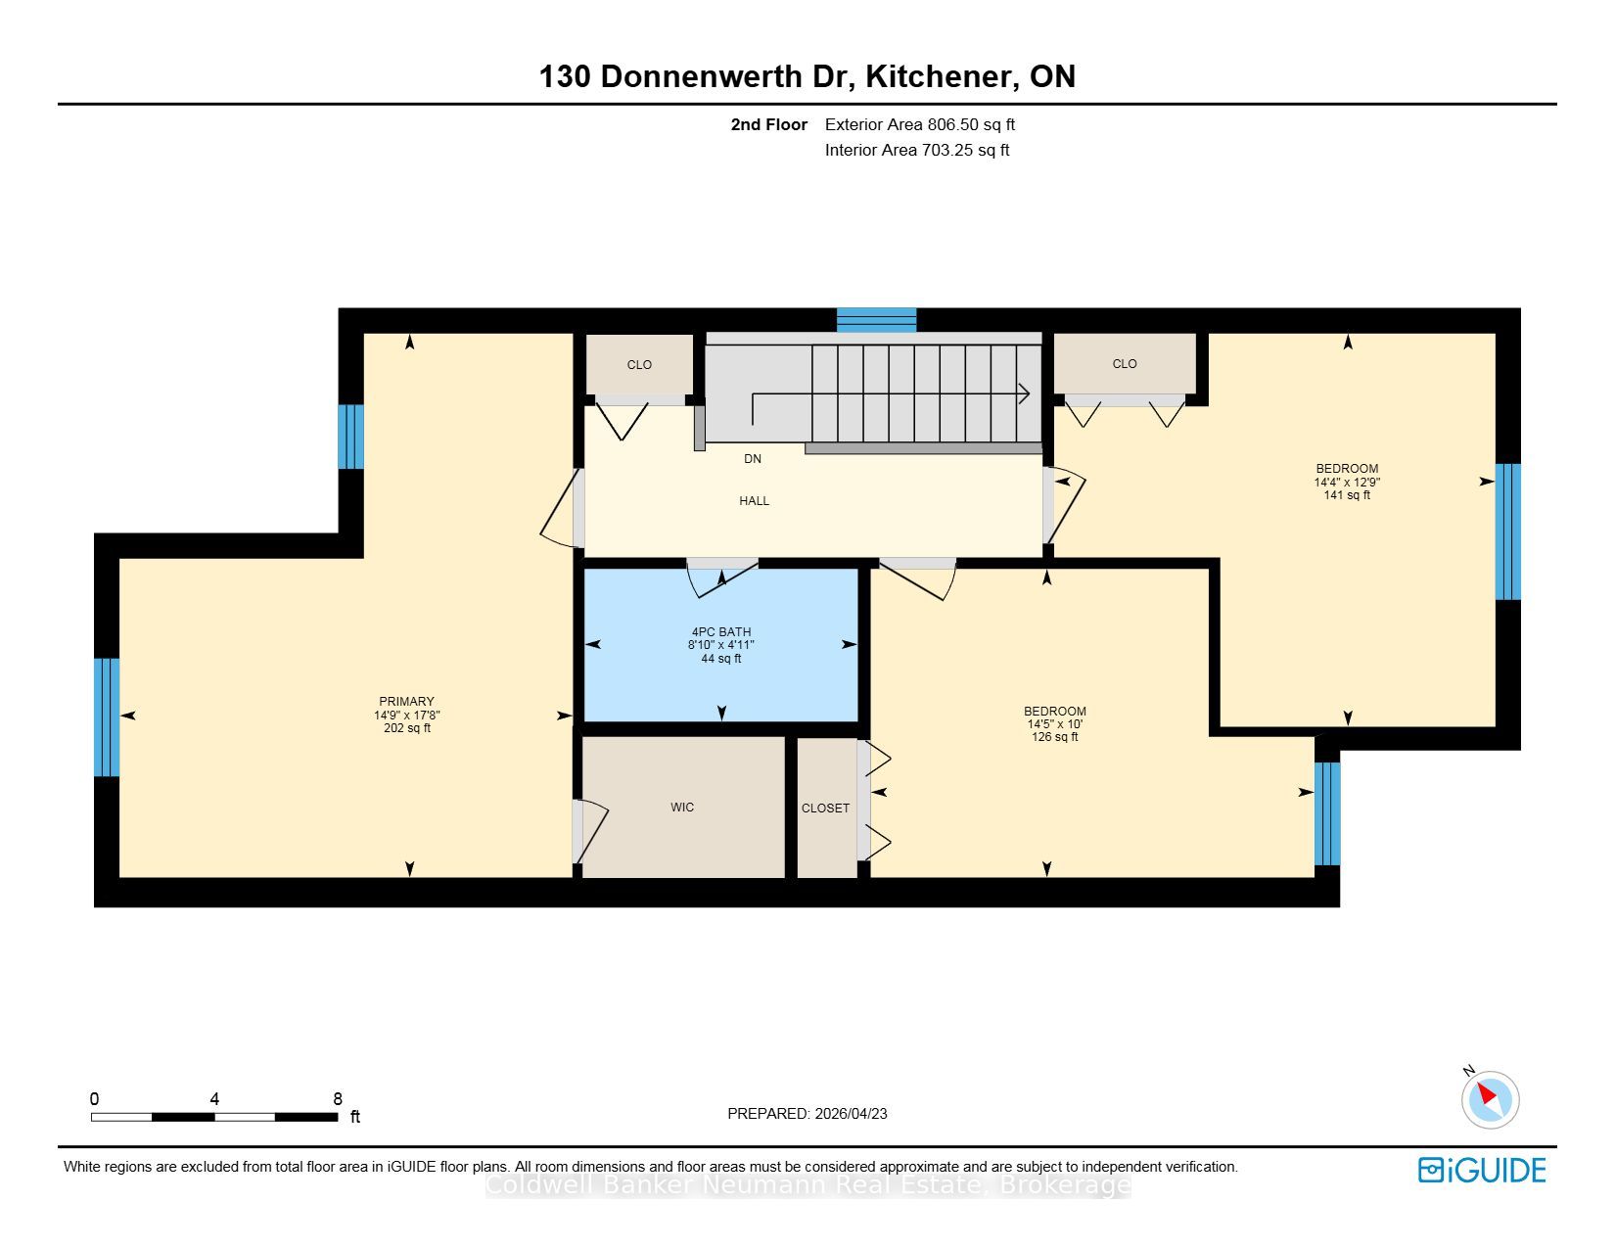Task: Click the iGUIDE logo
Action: (1481, 1170)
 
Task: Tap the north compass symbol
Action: (1489, 1098)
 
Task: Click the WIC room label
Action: (681, 808)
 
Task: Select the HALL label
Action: (754, 501)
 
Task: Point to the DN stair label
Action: (752, 459)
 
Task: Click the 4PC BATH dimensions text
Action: (721, 645)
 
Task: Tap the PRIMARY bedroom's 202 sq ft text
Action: (406, 728)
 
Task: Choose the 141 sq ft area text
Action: (1347, 495)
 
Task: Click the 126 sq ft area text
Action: (1054, 737)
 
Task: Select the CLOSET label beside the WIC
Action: (825, 808)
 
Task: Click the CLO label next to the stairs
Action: (639, 365)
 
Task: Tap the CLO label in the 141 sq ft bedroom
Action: (1125, 363)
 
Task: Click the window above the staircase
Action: (876, 320)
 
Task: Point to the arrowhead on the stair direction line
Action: (1024, 393)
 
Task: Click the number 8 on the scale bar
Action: (338, 1098)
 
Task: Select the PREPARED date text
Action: (807, 1114)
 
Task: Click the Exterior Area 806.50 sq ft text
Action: (919, 125)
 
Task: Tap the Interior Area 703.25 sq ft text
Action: (916, 150)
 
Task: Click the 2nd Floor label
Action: (768, 125)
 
